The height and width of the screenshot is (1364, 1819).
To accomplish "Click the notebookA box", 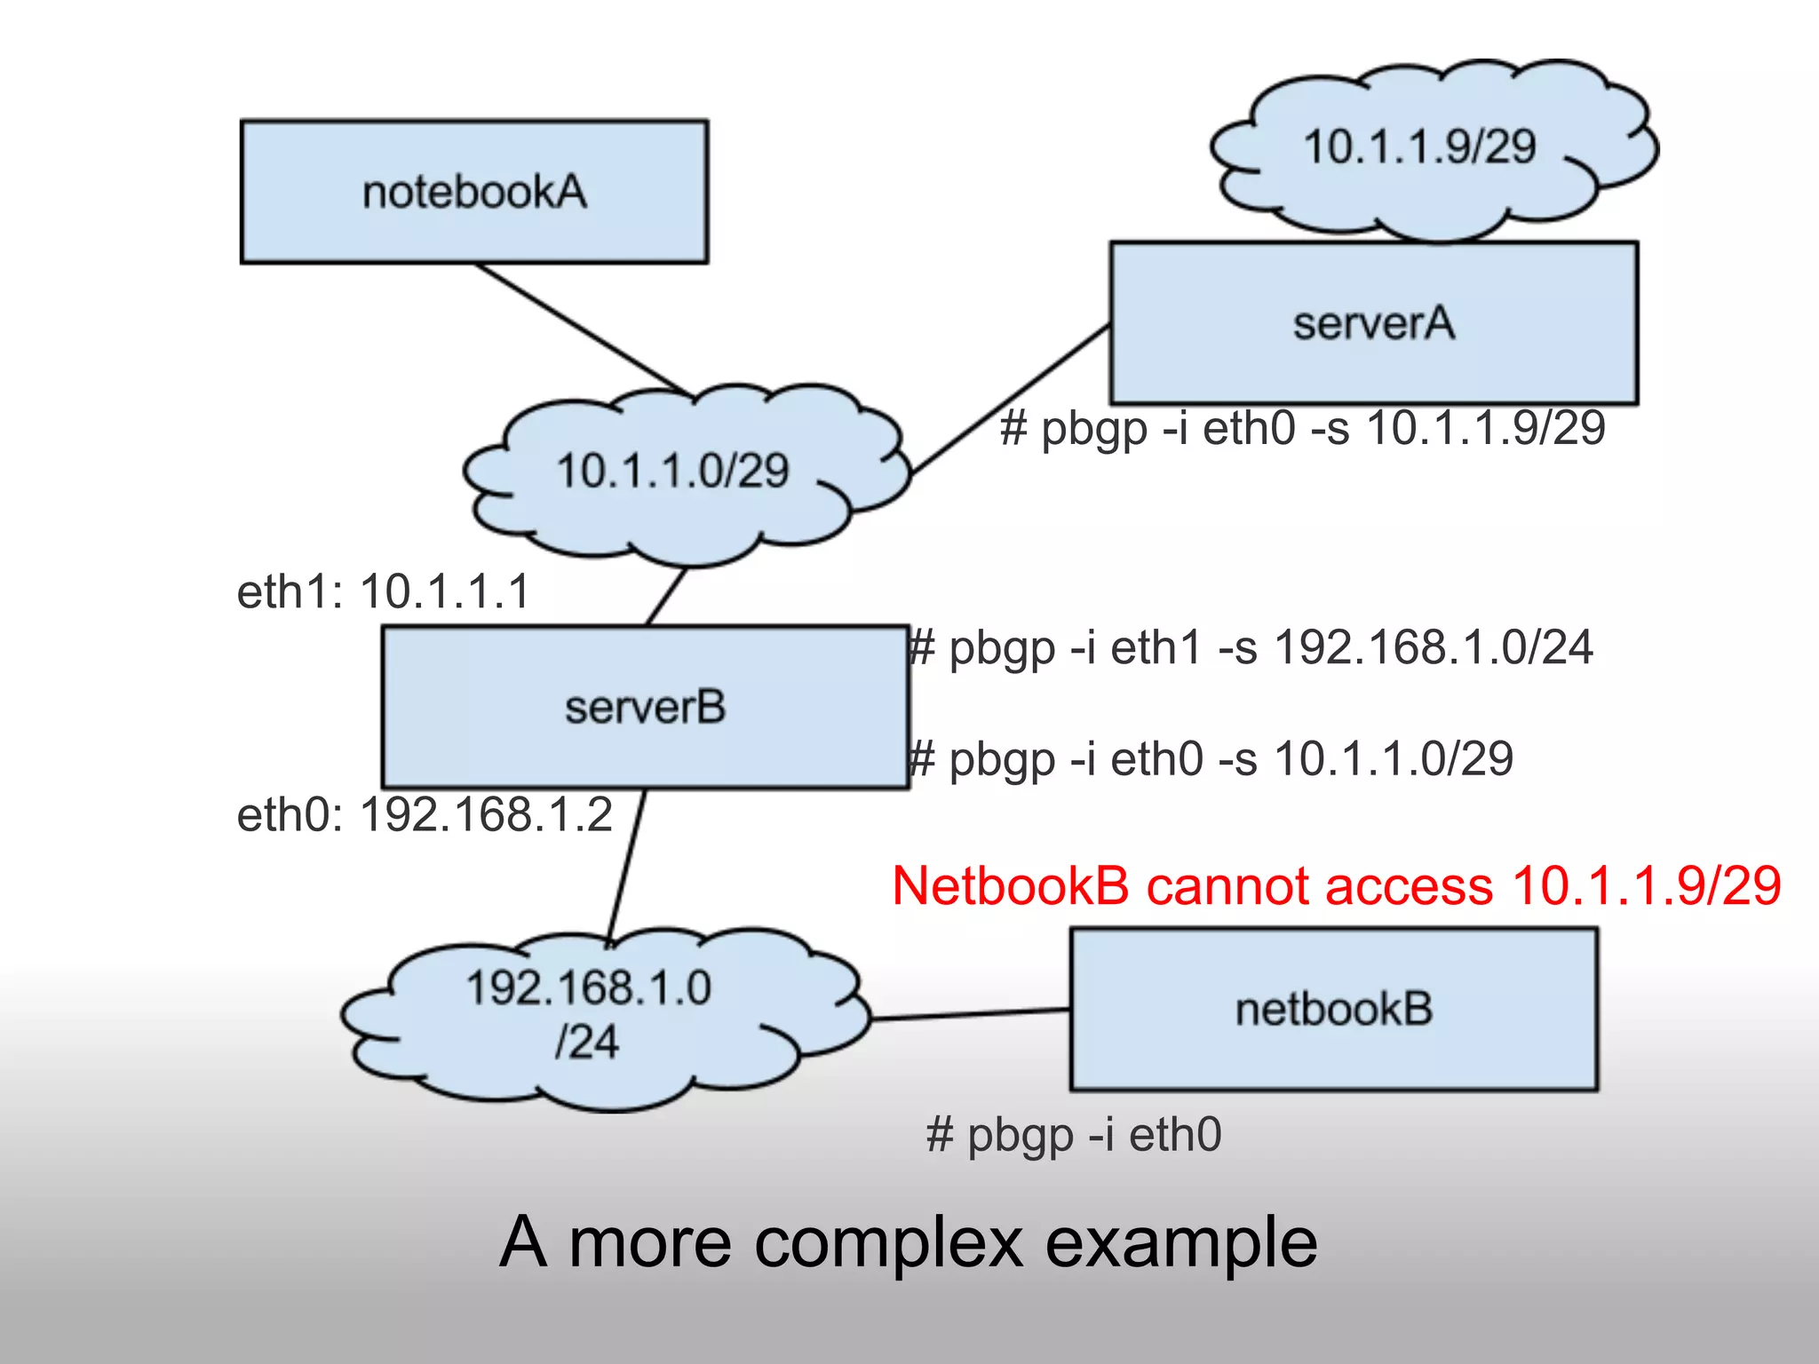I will pyautogui.click(x=474, y=192).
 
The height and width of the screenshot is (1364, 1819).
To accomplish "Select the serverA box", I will pyautogui.click(x=1373, y=323).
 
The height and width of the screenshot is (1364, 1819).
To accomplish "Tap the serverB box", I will pyautogui.click(x=645, y=707).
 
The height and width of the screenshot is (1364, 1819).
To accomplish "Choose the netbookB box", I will pyautogui.click(x=1333, y=1010).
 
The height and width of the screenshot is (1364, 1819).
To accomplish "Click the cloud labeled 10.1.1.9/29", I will pyautogui.click(x=1419, y=147).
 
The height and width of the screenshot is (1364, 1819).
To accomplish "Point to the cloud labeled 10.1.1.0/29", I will pyautogui.click(x=673, y=471).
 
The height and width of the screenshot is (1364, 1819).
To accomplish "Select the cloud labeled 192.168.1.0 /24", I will pyautogui.click(x=588, y=1014).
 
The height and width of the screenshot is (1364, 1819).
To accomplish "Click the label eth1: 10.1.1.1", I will pyautogui.click(x=383, y=591).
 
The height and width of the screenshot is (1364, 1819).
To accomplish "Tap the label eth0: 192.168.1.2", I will pyautogui.click(x=425, y=814).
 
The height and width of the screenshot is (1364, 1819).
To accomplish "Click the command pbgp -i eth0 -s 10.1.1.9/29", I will pyautogui.click(x=1302, y=427).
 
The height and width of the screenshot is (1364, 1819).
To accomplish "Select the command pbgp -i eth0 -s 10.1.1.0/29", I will pyautogui.click(x=1212, y=759).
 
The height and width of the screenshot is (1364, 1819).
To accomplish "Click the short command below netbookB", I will pyautogui.click(x=1074, y=1135).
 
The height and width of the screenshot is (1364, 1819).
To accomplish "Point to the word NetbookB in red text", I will pyautogui.click(x=1010, y=886).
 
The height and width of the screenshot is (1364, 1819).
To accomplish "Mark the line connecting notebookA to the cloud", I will pyautogui.click(x=582, y=329).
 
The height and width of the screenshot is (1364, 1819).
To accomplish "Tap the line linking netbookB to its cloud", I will pyautogui.click(x=970, y=1014).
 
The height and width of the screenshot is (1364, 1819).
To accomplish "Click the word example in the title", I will pyautogui.click(x=1181, y=1241).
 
